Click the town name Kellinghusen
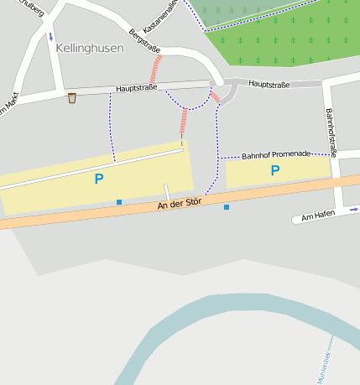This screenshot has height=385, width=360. tap(90, 48)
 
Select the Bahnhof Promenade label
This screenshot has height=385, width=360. tap(275, 155)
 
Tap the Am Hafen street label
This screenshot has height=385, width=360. tap(318, 216)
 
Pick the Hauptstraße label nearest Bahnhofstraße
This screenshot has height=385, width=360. tap(270, 85)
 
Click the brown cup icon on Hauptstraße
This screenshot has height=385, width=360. tap(72, 98)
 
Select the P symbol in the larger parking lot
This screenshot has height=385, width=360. tap(98, 179)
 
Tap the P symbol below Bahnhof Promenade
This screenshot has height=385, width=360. tap(274, 171)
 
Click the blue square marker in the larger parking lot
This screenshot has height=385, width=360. tap(119, 202)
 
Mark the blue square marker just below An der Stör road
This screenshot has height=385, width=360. tap(226, 207)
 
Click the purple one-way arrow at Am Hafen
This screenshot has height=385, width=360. tap(353, 210)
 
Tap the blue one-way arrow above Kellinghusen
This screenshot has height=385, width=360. tap(50, 37)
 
